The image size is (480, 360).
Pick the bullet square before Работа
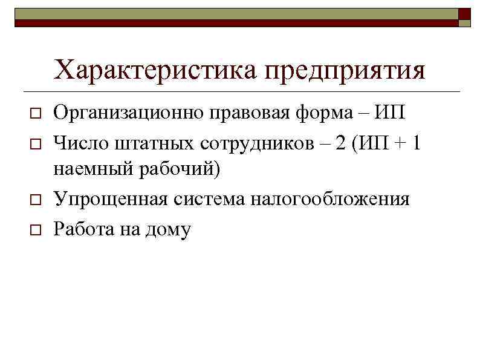pyautogui.click(x=36, y=231)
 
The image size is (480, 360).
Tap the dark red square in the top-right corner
pyautogui.click(x=464, y=13)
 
